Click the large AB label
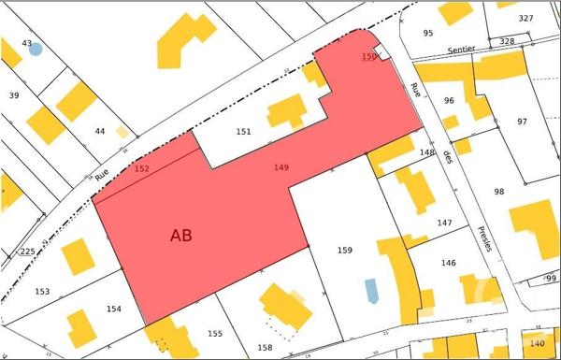point(181,236)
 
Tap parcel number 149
point(280,167)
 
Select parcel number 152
point(142,169)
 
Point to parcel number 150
point(368,57)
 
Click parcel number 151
point(243,132)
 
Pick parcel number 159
point(344,250)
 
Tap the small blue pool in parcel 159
point(372,290)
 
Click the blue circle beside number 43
point(36,50)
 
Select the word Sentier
point(461,49)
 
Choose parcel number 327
point(526,19)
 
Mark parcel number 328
point(507,41)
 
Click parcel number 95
point(428,34)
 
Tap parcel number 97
point(522,122)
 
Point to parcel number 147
point(444,223)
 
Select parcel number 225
point(27,252)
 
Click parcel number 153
point(42,291)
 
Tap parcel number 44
point(100,131)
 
